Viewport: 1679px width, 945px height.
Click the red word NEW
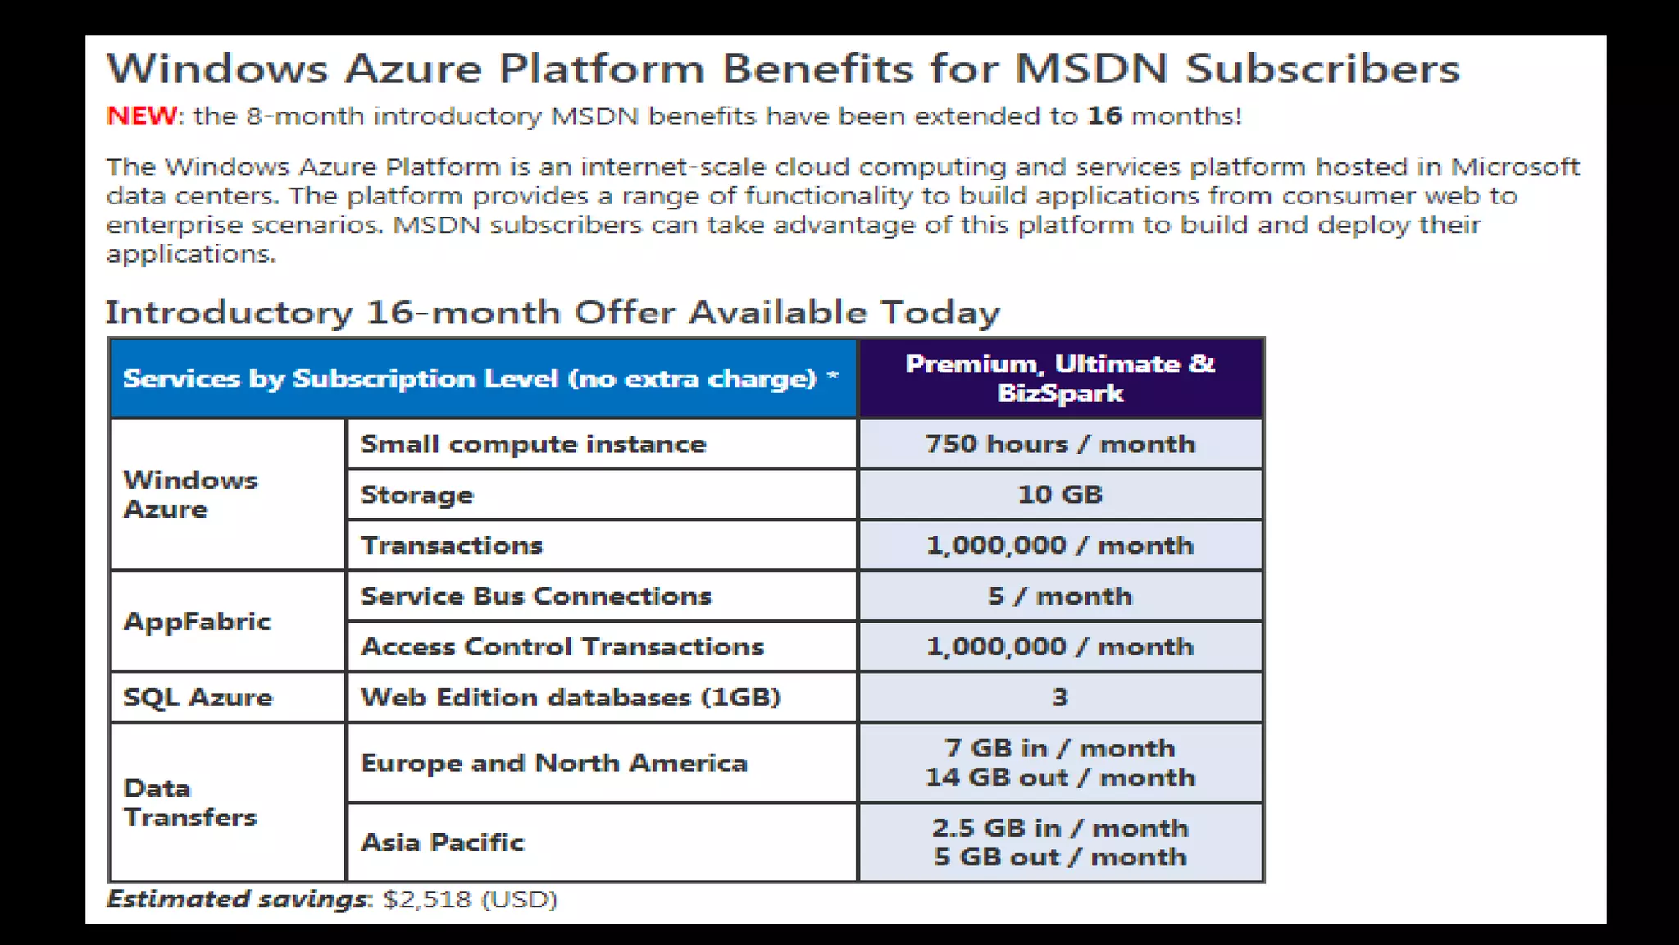[141, 116]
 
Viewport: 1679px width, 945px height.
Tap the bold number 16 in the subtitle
[1104, 116]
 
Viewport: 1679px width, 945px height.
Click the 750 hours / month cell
[1060, 444]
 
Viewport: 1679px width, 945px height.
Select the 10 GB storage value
[1060, 495]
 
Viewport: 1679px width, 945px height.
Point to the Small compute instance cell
[533, 444]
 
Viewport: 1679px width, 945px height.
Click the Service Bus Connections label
[535, 596]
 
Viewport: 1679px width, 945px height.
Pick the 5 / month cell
[1060, 596]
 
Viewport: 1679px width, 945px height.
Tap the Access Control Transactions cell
[562, 647]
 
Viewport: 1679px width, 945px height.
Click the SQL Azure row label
[198, 697]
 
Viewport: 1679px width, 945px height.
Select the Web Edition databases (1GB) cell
[571, 697]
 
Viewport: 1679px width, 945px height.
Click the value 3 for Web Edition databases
[1060, 697]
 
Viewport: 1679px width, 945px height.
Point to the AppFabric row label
[197, 622]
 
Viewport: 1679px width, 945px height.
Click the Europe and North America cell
[553, 763]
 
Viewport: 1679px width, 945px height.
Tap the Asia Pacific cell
[442, 842]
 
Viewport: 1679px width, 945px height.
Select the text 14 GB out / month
[1060, 778]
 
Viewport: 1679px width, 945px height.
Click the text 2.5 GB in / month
[1060, 828]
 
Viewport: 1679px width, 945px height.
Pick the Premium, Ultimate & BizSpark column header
[1060, 378]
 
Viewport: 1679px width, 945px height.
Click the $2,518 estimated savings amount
[427, 900]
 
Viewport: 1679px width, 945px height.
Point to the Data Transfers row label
[189, 803]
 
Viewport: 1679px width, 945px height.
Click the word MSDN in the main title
[1091, 68]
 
